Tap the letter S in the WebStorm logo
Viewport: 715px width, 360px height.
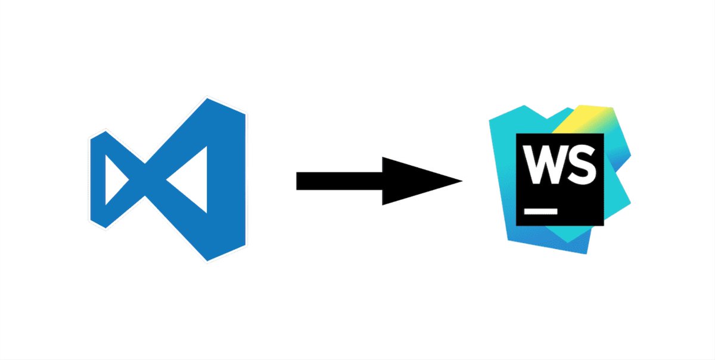coord(581,164)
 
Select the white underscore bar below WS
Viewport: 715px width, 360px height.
coord(540,210)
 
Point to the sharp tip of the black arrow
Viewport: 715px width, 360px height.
coord(461,181)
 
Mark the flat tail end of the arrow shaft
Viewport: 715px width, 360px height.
coord(298,181)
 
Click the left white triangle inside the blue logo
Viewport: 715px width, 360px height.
coord(114,179)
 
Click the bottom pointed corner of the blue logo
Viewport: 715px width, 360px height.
coord(209,259)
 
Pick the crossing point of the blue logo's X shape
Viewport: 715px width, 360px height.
coord(145,179)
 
